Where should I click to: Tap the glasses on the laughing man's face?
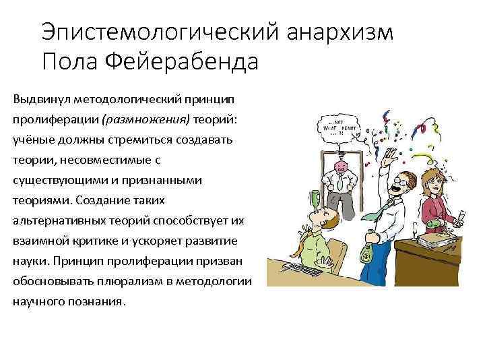[401, 183]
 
